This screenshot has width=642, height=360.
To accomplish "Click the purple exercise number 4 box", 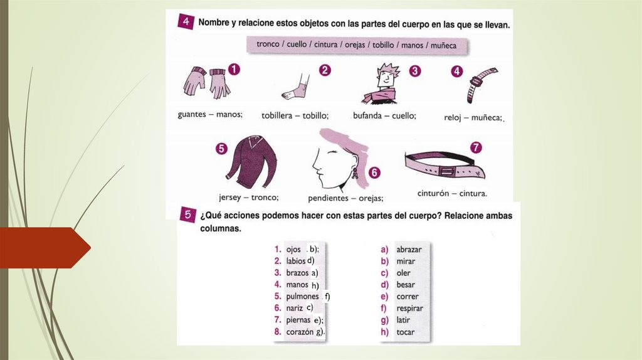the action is (186, 21).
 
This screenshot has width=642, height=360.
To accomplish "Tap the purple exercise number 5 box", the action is (187, 214).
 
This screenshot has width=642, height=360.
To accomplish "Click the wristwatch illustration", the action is (481, 85).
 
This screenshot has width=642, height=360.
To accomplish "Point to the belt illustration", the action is (445, 166).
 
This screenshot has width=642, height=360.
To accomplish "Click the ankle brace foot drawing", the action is (297, 87).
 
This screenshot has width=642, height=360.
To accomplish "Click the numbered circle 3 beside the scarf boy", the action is (415, 71).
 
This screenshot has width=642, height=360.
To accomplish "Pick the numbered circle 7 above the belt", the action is (475, 147).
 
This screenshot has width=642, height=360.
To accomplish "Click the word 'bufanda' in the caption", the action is (367, 115).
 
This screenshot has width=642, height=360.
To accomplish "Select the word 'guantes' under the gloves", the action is (192, 114).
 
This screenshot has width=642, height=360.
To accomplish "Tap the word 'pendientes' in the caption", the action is (328, 198).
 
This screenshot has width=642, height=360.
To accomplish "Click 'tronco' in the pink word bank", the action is (268, 44).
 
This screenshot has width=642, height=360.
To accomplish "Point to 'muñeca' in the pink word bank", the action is (443, 45).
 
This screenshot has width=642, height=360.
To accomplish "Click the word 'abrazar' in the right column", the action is (409, 250).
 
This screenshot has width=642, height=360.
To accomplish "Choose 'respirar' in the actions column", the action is (409, 309).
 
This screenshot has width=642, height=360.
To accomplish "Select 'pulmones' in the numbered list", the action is (302, 297).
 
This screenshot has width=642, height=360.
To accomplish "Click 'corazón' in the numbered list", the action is (300, 332).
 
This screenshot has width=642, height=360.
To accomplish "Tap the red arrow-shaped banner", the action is (45, 248).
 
